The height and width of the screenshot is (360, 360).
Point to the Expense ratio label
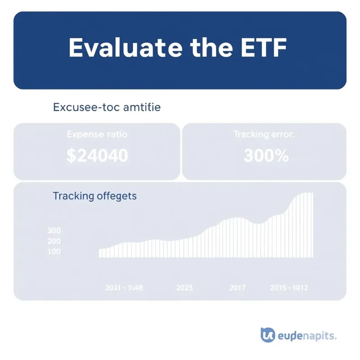(x=97, y=135)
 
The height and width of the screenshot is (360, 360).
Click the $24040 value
(x=97, y=156)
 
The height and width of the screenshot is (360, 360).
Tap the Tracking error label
(x=264, y=135)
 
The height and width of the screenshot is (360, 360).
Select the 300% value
(x=266, y=156)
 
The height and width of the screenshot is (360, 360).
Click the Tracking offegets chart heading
(x=94, y=196)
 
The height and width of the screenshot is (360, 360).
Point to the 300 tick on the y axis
(x=54, y=230)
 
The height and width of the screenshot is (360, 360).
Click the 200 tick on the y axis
(x=54, y=241)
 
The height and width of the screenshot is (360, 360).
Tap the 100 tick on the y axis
(x=54, y=252)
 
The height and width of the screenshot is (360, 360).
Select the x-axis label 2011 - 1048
(x=123, y=288)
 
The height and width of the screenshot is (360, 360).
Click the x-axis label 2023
(x=185, y=288)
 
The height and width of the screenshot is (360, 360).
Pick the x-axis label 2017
(x=238, y=288)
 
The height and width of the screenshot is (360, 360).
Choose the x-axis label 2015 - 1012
(x=289, y=288)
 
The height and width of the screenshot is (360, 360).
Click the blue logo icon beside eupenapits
(x=267, y=335)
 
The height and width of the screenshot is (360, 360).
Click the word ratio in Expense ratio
(x=115, y=135)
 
